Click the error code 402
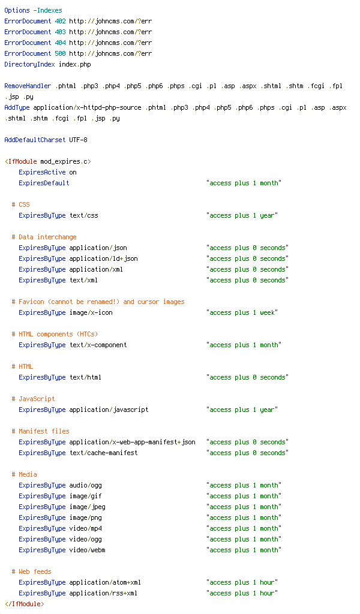point(61,21)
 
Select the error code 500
point(61,53)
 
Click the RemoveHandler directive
point(28,86)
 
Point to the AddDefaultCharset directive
point(35,140)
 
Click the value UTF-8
point(79,140)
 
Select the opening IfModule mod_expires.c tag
point(48,161)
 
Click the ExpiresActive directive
point(43,172)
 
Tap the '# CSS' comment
point(21,204)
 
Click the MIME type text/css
point(84,215)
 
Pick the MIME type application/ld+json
point(103,258)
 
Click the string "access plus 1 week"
point(242,312)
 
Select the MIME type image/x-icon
point(91,312)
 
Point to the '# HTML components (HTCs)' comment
point(55,334)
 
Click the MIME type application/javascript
point(109,410)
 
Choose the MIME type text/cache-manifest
point(103,453)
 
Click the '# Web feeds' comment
point(31,571)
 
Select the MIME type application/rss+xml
point(103,593)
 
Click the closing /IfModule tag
point(24,604)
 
